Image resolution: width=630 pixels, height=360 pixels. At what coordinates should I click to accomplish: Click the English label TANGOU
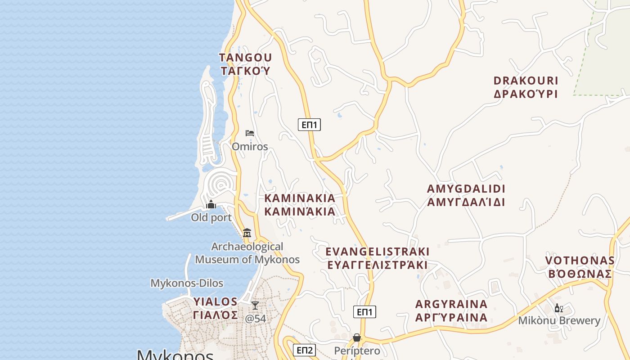click(x=245, y=58)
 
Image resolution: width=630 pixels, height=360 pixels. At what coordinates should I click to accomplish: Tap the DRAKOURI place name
click(x=526, y=81)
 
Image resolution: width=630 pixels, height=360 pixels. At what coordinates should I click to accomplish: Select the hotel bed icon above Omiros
click(x=250, y=133)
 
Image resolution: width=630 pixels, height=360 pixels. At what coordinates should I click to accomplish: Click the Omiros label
click(x=250, y=147)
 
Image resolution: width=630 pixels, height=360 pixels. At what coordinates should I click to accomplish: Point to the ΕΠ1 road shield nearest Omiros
click(x=309, y=125)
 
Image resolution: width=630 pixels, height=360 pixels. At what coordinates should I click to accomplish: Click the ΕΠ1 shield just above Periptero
click(x=364, y=312)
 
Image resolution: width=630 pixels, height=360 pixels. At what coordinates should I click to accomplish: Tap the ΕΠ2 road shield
click(x=304, y=350)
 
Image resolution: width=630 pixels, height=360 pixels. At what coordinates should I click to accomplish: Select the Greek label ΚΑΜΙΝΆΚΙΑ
click(x=300, y=211)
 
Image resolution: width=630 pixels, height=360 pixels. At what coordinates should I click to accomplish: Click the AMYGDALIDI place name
click(x=466, y=189)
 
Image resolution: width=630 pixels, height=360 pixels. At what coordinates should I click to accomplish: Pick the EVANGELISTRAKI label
click(x=377, y=252)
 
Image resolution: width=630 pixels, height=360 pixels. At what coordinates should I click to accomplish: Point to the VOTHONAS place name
click(x=580, y=261)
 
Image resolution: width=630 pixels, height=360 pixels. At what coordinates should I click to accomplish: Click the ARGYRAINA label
click(x=451, y=304)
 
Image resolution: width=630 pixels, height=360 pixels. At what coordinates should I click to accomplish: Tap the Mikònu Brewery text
click(x=559, y=321)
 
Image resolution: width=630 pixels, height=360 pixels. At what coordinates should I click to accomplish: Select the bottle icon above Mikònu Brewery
click(x=558, y=308)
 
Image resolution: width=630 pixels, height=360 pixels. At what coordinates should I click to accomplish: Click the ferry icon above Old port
click(x=211, y=205)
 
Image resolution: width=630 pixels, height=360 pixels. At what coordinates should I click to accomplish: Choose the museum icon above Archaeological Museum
click(x=247, y=233)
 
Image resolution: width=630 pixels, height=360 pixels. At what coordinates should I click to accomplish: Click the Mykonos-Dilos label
click(x=186, y=283)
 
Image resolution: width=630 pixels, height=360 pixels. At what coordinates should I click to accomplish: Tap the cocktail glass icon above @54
click(x=255, y=306)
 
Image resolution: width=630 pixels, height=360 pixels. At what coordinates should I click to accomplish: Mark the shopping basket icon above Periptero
click(x=357, y=337)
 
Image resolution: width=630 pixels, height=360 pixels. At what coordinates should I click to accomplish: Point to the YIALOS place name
click(x=215, y=301)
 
